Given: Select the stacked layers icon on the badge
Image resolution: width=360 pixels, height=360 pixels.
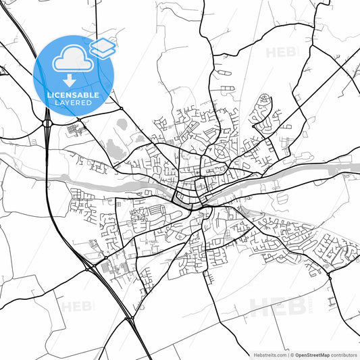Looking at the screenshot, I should click(x=102, y=47).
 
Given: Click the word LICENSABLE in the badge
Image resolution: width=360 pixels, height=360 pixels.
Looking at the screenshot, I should click(x=74, y=95).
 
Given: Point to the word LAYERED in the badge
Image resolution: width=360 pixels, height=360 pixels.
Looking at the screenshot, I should click(x=74, y=103).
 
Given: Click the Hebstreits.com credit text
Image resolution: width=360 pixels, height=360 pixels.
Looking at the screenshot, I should click(x=269, y=354).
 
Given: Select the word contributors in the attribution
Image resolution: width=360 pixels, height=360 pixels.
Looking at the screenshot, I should click(x=344, y=354).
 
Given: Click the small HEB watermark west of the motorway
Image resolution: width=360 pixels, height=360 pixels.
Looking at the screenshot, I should click(x=76, y=306).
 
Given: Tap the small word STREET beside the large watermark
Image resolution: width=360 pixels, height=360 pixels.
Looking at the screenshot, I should click(x=305, y=308).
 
